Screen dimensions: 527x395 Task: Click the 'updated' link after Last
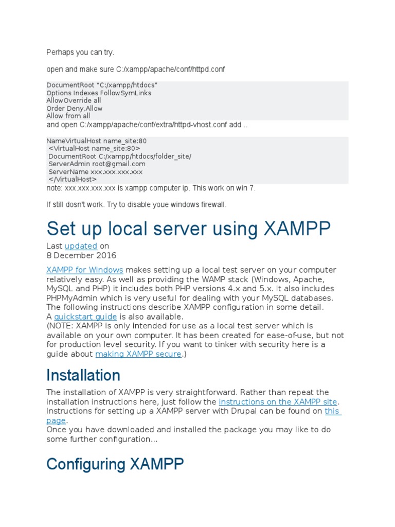81,246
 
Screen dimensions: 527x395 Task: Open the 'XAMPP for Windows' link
85,270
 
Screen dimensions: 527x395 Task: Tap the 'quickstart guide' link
85,317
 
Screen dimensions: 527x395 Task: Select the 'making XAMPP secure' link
138,354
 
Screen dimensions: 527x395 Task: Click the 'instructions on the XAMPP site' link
278,402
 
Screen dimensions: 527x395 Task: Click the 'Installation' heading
83,375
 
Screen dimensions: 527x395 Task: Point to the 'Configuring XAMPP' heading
115,464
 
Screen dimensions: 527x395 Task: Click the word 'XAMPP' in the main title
297,229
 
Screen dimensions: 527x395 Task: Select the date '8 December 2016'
81,255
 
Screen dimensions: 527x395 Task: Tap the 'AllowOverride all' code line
74,101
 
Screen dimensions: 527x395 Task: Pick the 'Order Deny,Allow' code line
74,109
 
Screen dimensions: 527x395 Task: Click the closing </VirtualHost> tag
72,179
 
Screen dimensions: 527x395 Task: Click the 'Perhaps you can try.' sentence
80,52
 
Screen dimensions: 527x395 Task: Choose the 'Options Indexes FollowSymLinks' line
99,93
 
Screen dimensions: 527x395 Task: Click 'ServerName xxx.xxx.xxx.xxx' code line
96,172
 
